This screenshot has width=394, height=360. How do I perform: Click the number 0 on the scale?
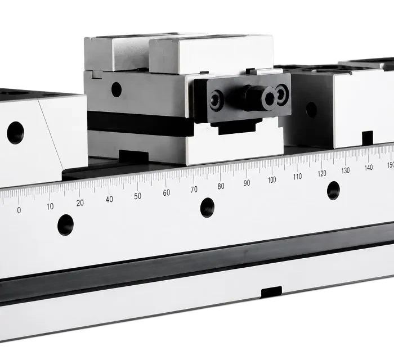(19, 210)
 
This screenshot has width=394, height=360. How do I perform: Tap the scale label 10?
(50, 206)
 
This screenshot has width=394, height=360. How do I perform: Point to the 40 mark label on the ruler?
(109, 199)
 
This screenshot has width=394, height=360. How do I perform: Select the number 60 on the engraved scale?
(167, 192)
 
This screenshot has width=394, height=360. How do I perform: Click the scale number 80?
(221, 186)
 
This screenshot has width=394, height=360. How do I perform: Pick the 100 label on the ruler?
(272, 180)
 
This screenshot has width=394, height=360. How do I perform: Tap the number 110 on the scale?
(297, 177)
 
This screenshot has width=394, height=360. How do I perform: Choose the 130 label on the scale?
(345, 170)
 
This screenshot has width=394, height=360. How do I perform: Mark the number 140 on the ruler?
(368, 168)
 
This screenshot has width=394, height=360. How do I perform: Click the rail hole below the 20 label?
(65, 225)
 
